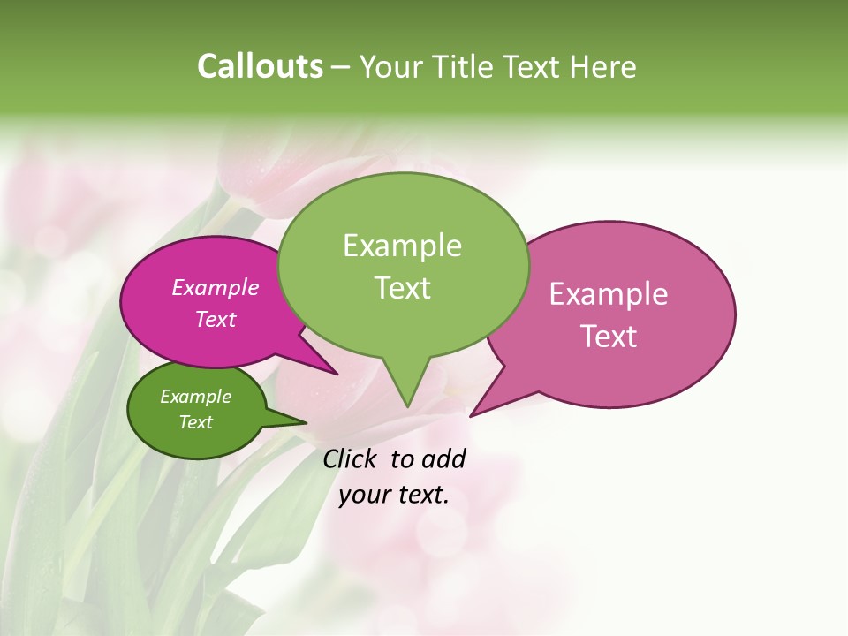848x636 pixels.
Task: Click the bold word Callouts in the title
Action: (260, 66)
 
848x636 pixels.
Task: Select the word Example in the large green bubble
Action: (402, 246)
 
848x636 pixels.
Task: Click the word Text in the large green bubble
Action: (402, 287)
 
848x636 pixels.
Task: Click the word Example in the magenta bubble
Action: (215, 287)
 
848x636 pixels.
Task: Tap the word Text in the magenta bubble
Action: (215, 319)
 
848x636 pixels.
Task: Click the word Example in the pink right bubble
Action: (609, 294)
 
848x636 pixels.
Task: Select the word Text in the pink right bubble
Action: (609, 336)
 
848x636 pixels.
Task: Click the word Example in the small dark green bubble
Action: (195, 397)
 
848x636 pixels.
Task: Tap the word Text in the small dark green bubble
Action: (195, 422)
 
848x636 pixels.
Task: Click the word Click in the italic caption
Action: (351, 458)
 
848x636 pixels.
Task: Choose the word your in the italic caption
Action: (363, 495)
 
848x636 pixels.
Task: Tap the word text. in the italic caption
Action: (420, 495)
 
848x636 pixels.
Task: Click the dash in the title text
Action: (342, 67)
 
